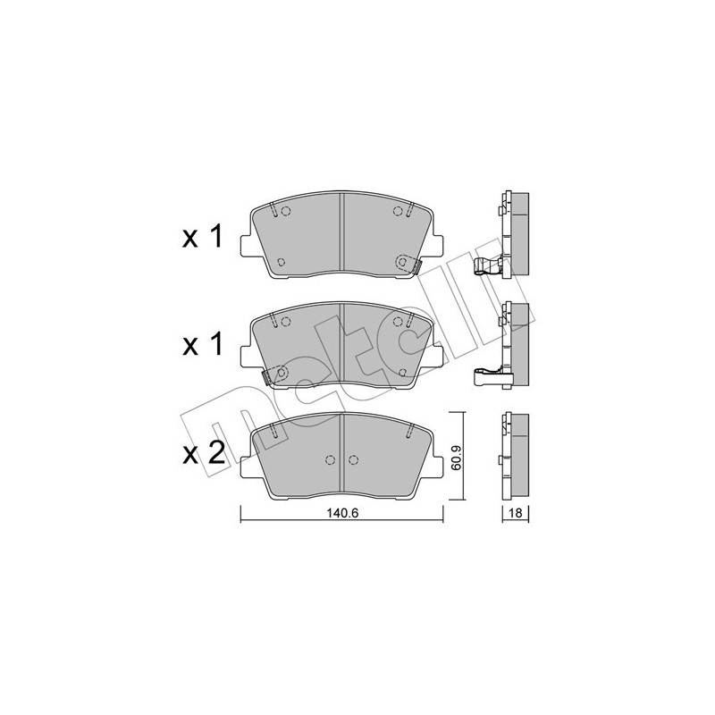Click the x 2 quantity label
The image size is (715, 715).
pos(202,453)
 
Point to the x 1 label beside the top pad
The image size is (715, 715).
pos(202,238)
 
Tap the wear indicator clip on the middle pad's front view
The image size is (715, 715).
pos(276,374)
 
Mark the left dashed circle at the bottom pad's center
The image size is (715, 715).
pos(330,460)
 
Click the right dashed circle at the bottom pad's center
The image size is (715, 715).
pos(354,460)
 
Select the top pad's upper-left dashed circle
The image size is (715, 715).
pos(286,212)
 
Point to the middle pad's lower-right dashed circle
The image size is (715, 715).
pos(402,372)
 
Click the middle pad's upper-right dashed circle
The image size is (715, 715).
pos(397,323)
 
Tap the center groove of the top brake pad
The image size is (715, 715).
pos(342,237)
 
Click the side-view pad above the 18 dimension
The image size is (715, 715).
pos(516,458)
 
